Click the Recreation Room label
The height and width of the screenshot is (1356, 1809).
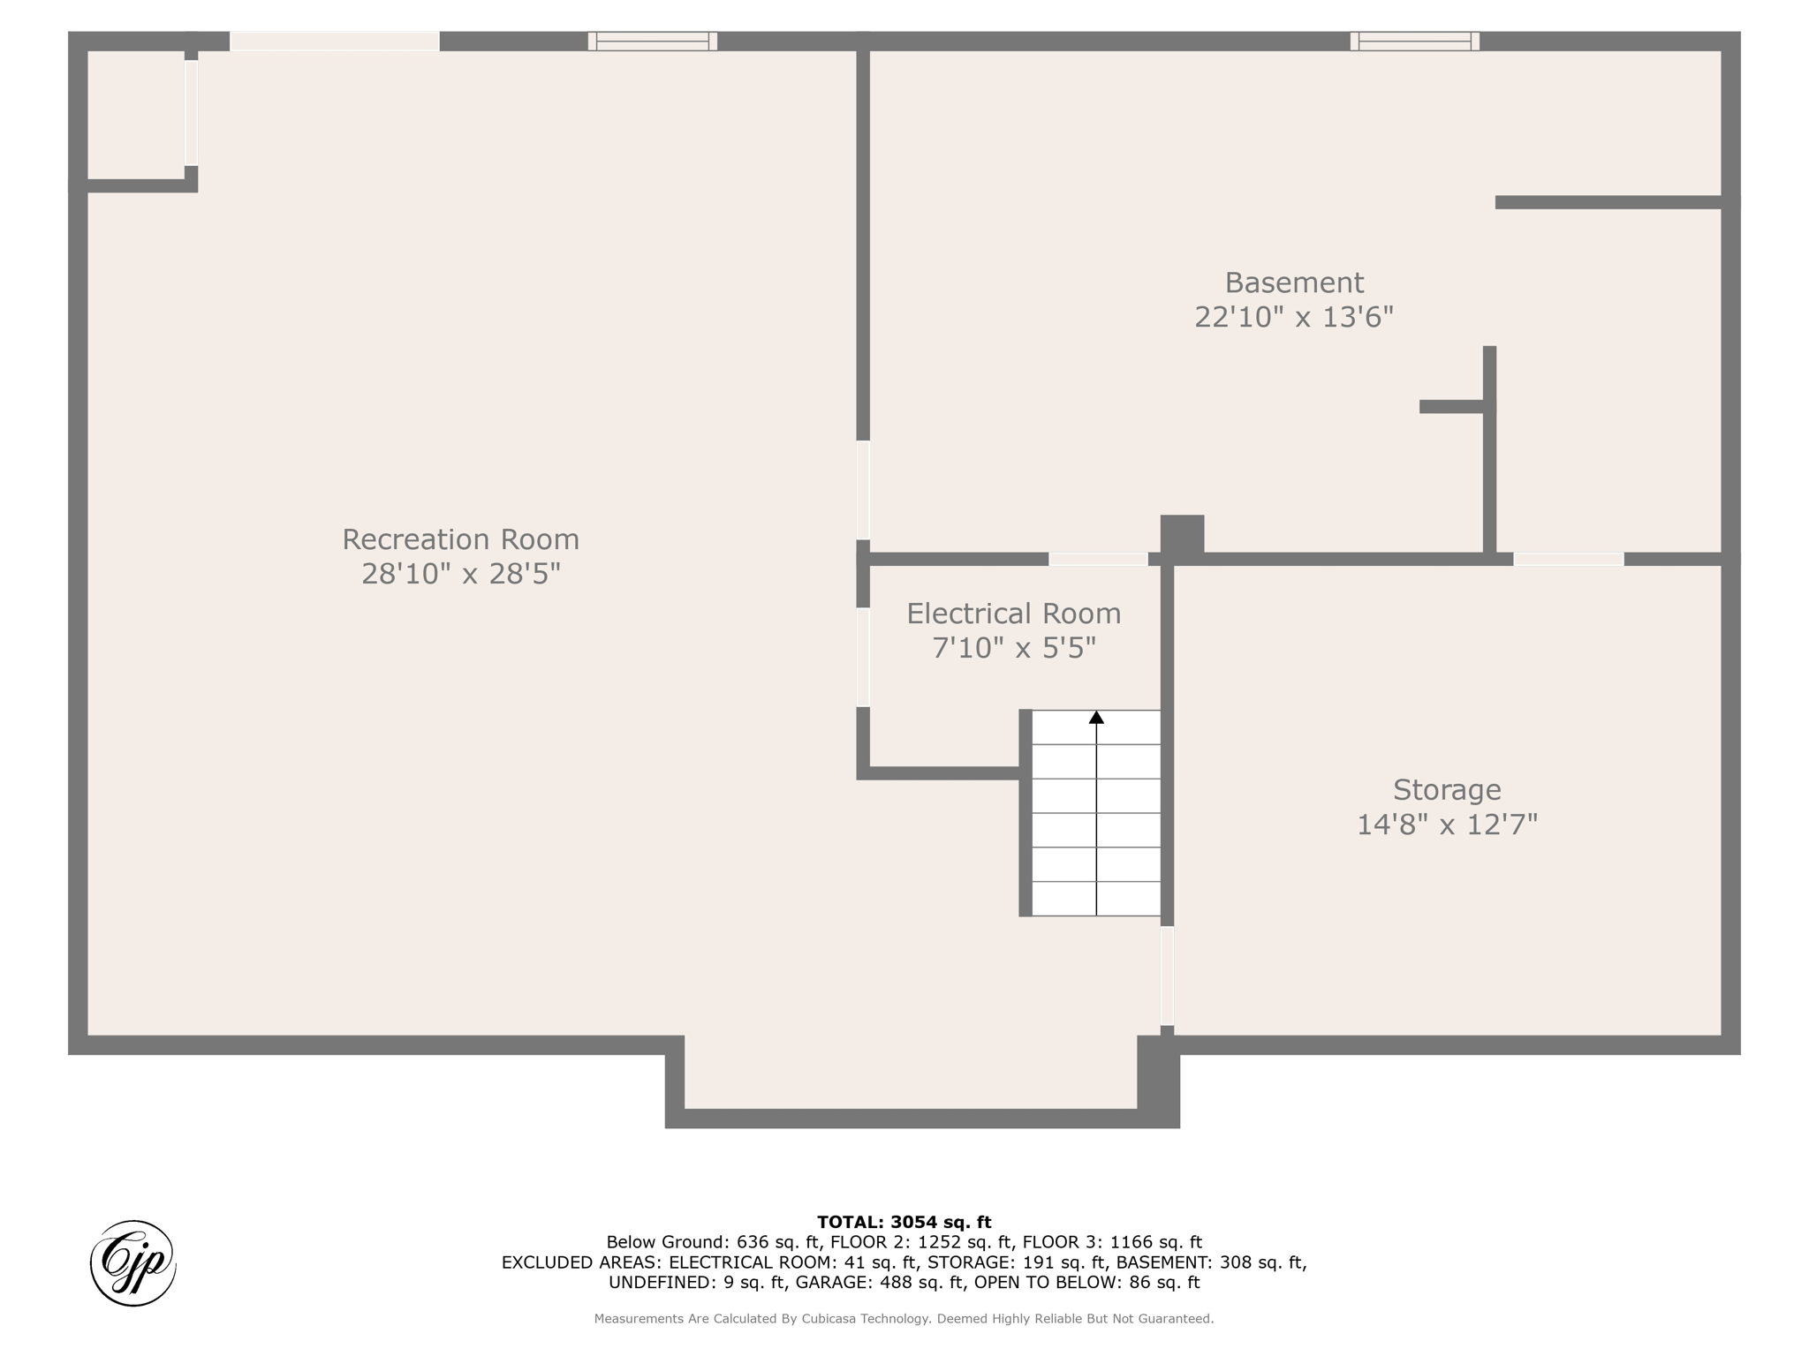460,539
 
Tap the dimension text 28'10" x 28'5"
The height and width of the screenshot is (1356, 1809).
460,574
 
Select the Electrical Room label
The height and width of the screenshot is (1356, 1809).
1013,614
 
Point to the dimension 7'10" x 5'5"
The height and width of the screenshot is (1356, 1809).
1013,648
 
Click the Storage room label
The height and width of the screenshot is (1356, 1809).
1447,790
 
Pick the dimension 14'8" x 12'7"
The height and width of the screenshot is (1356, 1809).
1447,825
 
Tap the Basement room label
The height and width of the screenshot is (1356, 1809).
1294,282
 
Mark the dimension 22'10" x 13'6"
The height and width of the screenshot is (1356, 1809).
1294,317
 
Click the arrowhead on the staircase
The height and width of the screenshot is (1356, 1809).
1096,718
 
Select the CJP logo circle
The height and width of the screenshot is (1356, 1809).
133,1263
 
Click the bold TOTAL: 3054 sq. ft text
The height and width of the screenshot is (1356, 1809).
904,1222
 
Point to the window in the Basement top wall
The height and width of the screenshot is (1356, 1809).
1414,41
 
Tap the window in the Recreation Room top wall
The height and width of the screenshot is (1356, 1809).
653,41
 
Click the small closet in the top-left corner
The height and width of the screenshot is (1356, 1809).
136,115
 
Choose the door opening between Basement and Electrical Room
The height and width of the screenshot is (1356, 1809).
1098,559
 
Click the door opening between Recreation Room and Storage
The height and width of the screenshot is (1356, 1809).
1167,976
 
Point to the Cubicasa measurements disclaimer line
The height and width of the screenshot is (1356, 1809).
904,1319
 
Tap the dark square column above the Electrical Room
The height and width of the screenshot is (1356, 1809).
1182,535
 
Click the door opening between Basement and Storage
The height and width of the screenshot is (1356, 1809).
1569,559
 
